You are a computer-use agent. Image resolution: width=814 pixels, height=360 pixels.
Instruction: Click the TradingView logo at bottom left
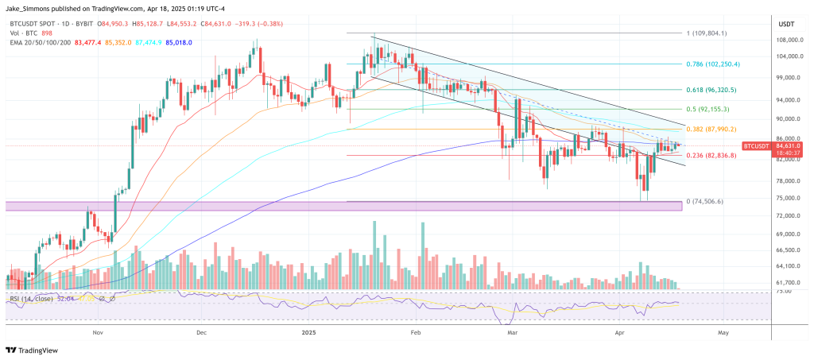tap(37, 350)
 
